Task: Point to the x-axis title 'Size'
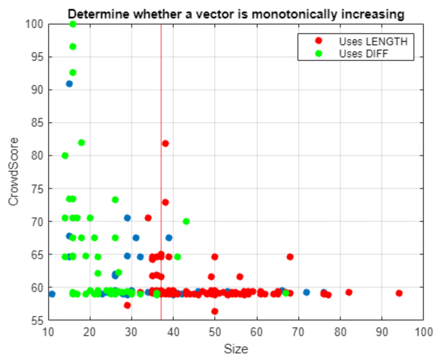pos(235,349)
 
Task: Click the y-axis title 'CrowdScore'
pos(13,172)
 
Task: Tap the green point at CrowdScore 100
pos(73,24)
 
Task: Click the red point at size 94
pos(399,293)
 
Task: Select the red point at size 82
pos(349,292)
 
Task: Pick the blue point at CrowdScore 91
pos(69,84)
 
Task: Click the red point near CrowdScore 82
pos(165,144)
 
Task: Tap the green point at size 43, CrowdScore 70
pos(186,221)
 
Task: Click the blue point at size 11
pos(52,294)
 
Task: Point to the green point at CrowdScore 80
pos(65,156)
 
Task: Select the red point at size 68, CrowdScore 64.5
pos(290,257)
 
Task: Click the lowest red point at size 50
pos(215,311)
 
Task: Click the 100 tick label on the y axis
pos(35,24)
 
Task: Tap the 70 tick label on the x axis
pos(298,333)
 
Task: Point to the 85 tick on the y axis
pos(37,123)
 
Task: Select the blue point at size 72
pos(306,292)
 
